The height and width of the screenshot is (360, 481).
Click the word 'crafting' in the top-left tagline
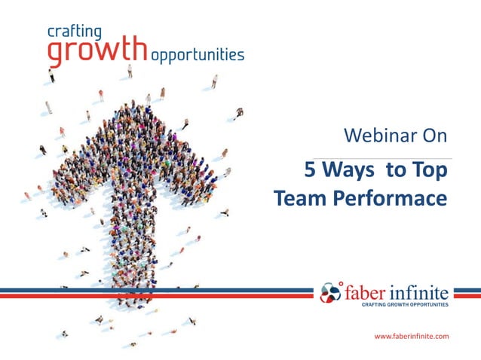click(73, 32)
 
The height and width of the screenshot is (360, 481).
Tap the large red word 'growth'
click(97, 51)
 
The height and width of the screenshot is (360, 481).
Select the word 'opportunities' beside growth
click(197, 55)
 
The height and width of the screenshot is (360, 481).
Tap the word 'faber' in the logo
click(366, 291)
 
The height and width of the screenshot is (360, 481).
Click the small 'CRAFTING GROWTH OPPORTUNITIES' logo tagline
click(405, 305)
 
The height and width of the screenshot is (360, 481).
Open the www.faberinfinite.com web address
click(412, 335)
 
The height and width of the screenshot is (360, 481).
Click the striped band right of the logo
click(467, 292)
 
